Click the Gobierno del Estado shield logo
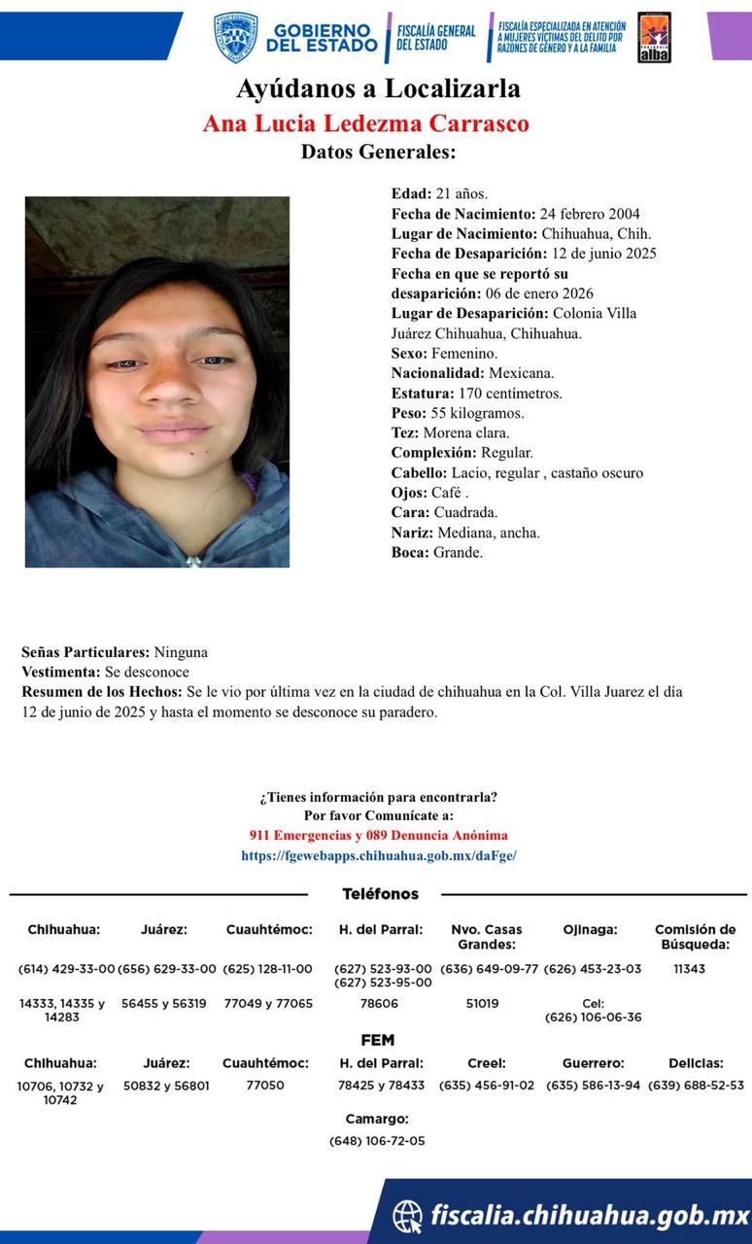point(235,37)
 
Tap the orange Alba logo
point(654,38)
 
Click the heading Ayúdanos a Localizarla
point(378,89)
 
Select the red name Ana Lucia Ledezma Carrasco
point(365,124)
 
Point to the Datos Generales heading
point(378,152)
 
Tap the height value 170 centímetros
point(510,394)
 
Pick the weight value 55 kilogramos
point(477,413)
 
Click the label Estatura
point(422,394)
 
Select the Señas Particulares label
point(85,652)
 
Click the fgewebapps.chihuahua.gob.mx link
point(379,855)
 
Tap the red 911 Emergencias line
point(378,835)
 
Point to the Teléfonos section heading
point(380,894)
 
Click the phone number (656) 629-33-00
point(164,969)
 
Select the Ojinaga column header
point(590,930)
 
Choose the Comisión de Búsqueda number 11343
point(689,969)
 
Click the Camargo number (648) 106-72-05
point(377,1140)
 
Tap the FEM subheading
point(377,1040)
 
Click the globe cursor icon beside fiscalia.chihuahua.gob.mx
point(408,1215)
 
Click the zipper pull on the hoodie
point(193,560)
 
